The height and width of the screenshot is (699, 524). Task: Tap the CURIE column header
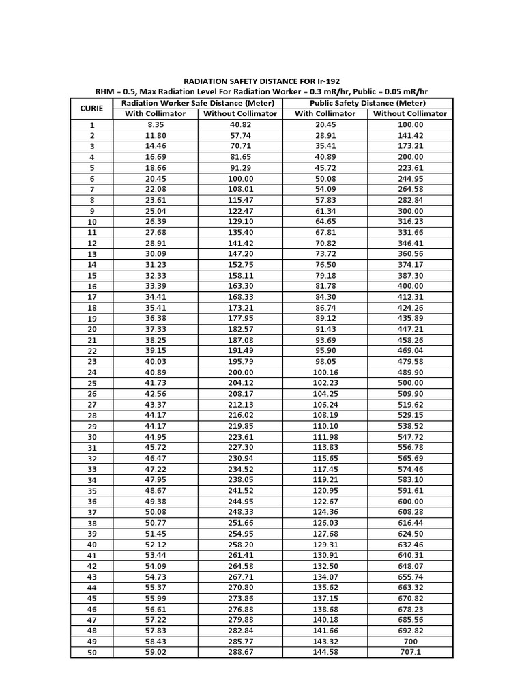point(91,108)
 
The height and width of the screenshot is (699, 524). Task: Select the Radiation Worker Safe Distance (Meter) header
point(198,103)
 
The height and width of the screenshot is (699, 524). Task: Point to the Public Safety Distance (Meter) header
point(367,103)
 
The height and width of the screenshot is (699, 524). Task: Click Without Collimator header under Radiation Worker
point(240,113)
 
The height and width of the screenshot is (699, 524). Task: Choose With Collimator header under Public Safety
point(325,113)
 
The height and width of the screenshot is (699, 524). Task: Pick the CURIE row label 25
point(92,384)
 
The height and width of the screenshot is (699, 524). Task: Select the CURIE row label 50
point(92,653)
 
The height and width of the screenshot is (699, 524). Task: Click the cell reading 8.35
point(156,125)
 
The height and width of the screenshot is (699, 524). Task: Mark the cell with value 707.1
point(410,652)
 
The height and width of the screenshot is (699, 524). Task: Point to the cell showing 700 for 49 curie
point(410,641)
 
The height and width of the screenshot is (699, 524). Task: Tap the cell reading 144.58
point(325,652)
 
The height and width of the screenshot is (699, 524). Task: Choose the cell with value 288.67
point(240,652)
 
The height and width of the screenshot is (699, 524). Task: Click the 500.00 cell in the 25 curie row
point(410,383)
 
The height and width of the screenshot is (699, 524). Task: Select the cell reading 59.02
point(156,652)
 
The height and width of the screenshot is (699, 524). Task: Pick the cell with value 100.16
point(325,372)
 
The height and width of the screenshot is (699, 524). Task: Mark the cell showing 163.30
point(240,286)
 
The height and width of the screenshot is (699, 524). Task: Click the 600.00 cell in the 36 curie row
point(410,501)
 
